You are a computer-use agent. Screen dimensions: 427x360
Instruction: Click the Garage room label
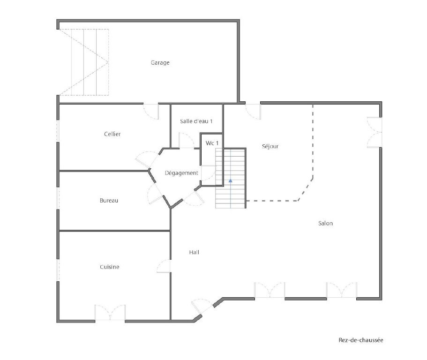[160, 63]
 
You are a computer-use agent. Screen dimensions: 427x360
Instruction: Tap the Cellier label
[112, 134]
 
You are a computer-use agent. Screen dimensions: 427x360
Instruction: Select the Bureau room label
[109, 201]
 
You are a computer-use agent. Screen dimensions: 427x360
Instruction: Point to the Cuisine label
[110, 267]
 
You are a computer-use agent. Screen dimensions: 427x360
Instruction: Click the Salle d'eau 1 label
[196, 121]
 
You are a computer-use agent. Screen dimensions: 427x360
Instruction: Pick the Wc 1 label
[212, 143]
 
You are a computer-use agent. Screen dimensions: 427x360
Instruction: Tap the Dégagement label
[182, 173]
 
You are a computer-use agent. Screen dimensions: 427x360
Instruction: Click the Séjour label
[270, 146]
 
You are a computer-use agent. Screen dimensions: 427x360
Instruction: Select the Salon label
[325, 223]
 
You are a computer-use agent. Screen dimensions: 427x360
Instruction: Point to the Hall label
[194, 253]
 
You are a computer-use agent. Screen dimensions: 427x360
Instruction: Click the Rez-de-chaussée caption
[361, 340]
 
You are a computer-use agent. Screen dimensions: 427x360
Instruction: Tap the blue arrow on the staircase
[231, 180]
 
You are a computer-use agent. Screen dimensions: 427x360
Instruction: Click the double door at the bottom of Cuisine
[110, 313]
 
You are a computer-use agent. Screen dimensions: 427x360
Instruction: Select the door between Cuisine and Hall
[164, 266]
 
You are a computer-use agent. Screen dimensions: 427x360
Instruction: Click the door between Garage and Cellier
[151, 112]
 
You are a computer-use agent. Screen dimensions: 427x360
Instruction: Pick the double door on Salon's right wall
[375, 132]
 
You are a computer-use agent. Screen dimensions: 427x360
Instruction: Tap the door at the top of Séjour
[253, 112]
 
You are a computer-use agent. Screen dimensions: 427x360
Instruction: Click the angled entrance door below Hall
[202, 307]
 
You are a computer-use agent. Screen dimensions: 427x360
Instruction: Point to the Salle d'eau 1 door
[187, 141]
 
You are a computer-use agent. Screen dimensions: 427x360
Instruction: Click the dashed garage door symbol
[84, 62]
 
